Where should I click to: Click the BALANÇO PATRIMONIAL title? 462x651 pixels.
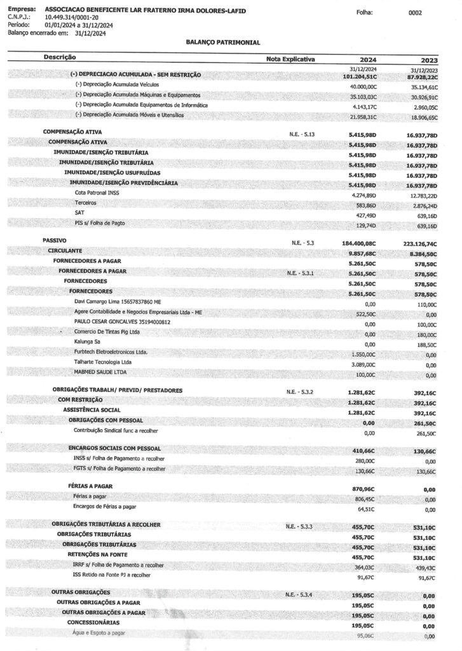click(x=223, y=42)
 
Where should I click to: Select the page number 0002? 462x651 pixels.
click(x=415, y=12)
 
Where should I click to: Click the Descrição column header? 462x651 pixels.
click(x=60, y=57)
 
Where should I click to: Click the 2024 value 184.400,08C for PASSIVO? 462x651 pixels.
click(x=358, y=243)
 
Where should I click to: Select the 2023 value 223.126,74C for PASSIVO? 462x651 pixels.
click(x=416, y=243)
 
